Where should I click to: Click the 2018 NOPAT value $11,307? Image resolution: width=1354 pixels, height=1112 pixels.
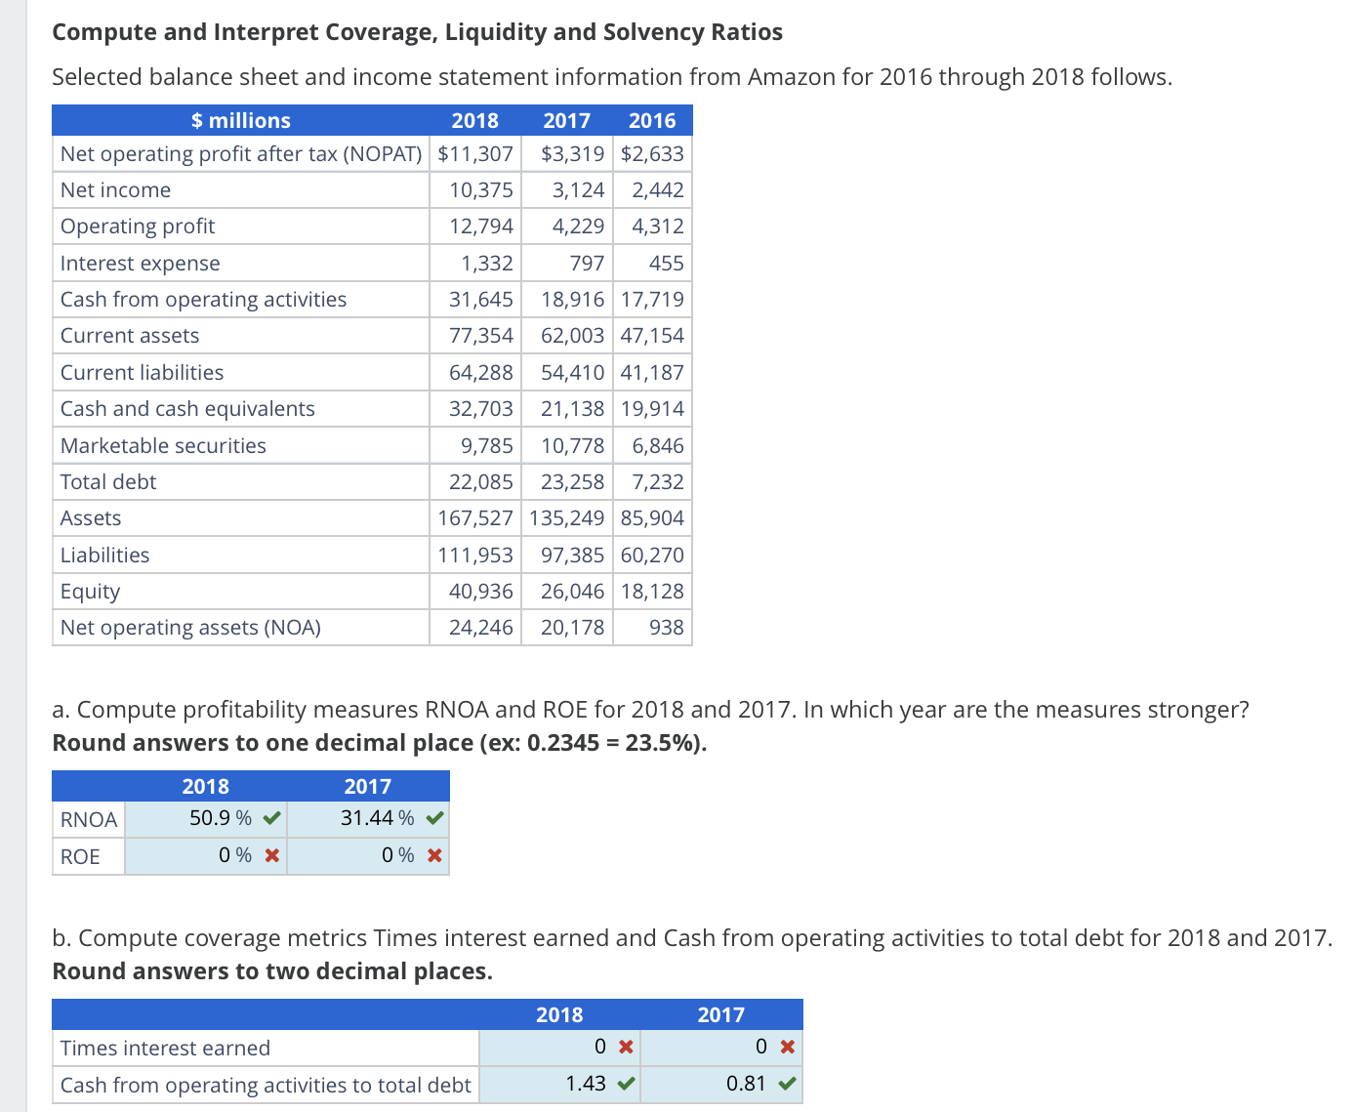[475, 154]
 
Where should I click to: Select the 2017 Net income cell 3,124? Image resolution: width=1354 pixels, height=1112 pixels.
[578, 190]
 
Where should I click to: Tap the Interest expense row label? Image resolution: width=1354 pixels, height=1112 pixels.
[140, 264]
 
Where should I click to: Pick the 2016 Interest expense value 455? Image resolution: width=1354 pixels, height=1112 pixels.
[666, 264]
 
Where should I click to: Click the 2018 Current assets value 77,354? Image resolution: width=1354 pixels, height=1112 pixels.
[480, 336]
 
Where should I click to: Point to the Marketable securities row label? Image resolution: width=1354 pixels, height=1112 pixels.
[163, 446]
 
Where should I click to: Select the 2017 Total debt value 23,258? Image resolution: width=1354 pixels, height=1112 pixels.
[572, 482]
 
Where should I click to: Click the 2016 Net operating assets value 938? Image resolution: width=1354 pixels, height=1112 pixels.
[666, 628]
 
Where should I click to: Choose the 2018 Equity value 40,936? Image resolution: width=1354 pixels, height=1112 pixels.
[480, 592]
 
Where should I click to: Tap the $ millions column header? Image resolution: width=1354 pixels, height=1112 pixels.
[240, 121]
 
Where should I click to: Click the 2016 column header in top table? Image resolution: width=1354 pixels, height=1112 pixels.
[651, 121]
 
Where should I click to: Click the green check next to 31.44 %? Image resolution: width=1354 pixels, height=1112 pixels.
[435, 818]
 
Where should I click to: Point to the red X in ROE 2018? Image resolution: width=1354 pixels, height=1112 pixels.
[272, 856]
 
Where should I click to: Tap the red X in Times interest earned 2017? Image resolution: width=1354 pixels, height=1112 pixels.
[788, 1048]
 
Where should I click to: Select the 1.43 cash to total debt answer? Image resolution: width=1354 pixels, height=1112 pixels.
[585, 1084]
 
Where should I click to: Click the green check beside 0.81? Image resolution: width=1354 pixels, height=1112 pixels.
[788, 1084]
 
